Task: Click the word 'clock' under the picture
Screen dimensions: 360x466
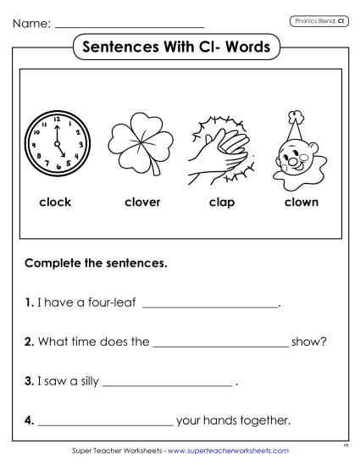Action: click(x=55, y=202)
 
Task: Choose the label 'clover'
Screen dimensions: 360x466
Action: click(x=142, y=202)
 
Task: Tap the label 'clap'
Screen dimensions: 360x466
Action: click(x=222, y=202)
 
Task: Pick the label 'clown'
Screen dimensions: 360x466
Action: click(x=301, y=202)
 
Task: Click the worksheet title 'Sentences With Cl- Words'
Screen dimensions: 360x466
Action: click(x=179, y=47)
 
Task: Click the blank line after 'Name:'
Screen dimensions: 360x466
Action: click(x=129, y=25)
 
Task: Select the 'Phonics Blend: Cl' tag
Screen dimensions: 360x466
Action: click(x=318, y=19)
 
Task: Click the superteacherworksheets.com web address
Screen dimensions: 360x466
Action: click(x=229, y=452)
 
